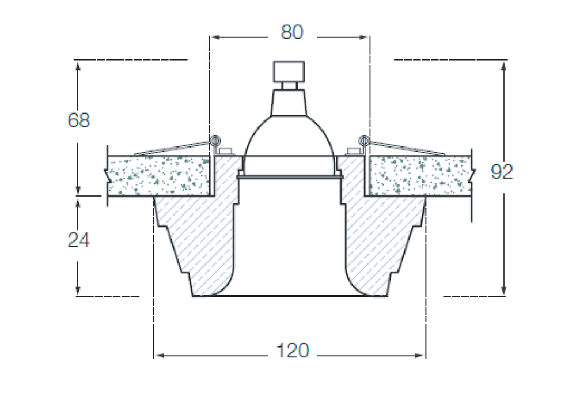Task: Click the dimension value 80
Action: [292, 32]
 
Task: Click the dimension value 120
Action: [293, 350]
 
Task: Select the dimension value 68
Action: [79, 120]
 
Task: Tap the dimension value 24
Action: [79, 240]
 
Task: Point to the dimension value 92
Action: [502, 172]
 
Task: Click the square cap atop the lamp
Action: [289, 71]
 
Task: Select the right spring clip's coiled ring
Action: [364, 140]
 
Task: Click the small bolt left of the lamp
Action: [226, 150]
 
